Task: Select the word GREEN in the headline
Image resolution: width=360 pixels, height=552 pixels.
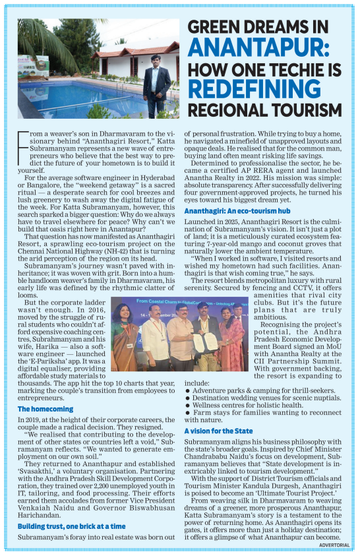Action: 217,26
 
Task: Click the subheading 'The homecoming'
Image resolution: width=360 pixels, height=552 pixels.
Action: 45,409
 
